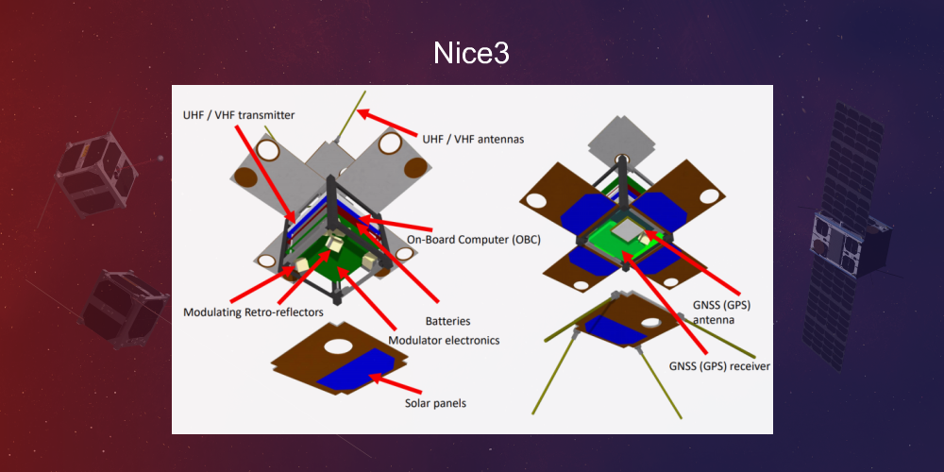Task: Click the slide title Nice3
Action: click(471, 52)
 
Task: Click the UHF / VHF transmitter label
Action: click(239, 115)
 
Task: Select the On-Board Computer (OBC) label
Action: click(475, 240)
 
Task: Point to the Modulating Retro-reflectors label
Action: click(253, 312)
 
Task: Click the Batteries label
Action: click(447, 321)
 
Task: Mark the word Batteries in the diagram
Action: click(447, 321)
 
